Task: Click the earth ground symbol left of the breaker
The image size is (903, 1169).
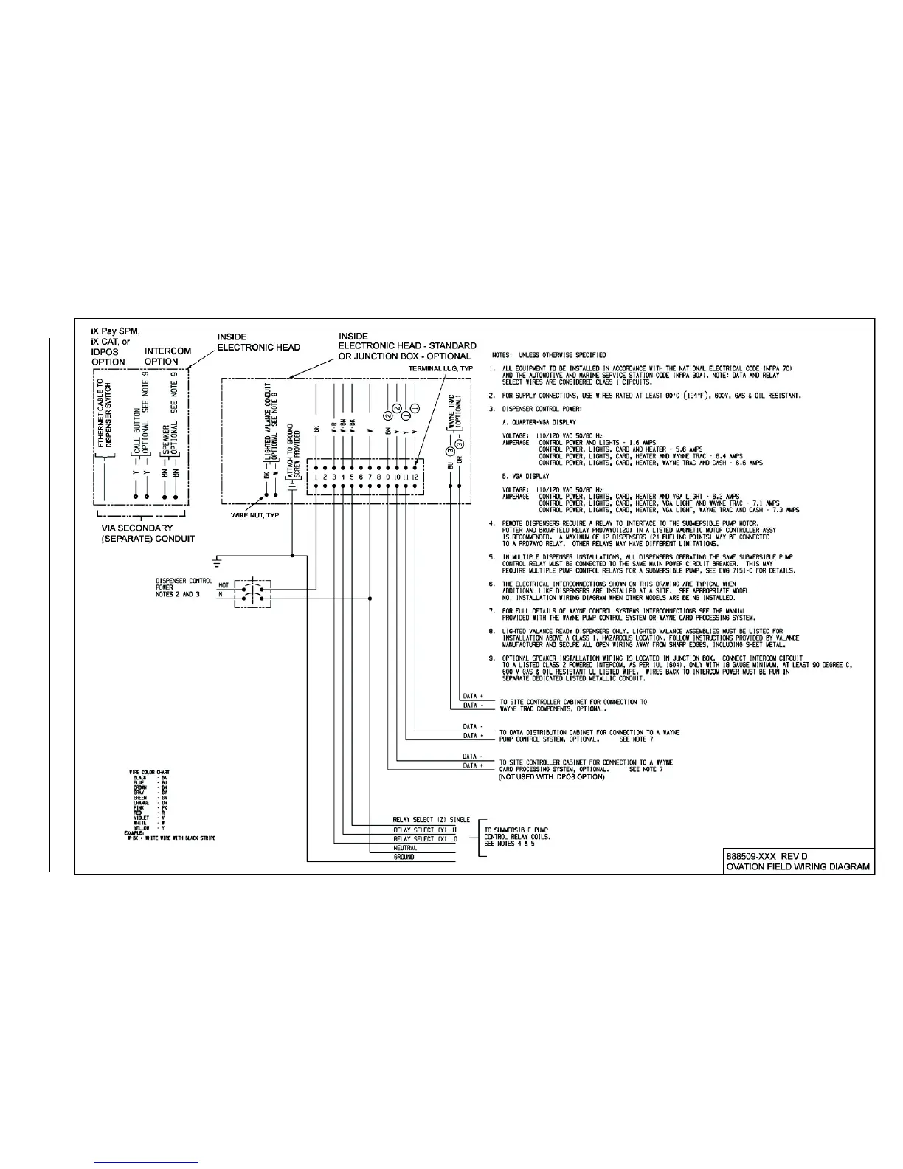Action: click(x=218, y=562)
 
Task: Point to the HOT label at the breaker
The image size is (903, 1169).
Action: click(x=224, y=584)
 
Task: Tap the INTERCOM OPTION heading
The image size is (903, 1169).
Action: click(x=167, y=356)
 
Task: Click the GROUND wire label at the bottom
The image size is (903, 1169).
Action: click(x=404, y=857)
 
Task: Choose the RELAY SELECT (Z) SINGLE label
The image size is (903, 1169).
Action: click(x=431, y=820)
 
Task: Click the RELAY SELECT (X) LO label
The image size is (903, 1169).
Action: click(x=425, y=839)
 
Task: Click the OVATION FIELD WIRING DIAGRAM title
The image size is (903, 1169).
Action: click(x=798, y=867)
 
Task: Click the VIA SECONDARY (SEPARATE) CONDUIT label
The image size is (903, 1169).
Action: click(x=148, y=533)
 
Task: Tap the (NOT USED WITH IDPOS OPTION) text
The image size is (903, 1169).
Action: click(x=551, y=777)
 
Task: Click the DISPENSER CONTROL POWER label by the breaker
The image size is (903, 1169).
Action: click(x=184, y=587)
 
